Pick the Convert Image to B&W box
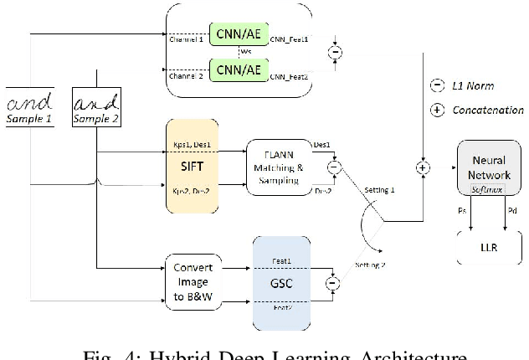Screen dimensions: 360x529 [193, 281]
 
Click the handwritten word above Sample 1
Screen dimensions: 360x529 [29, 104]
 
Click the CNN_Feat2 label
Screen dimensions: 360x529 [289, 76]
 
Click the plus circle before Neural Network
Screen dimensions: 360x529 [423, 168]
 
